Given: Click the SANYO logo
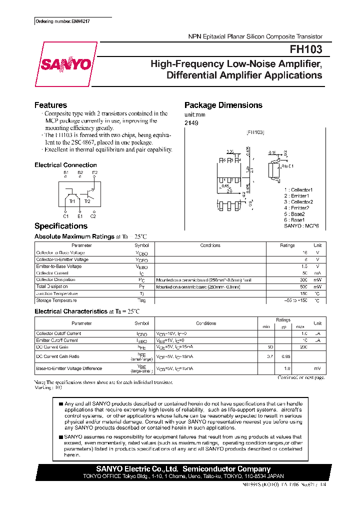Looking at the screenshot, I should pos(65,64).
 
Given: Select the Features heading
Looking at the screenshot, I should pos(50,105).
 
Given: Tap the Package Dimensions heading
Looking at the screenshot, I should pos(223,105).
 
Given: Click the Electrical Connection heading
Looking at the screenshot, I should pos(65,165).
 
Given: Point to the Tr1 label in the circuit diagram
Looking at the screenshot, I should pos(72,201).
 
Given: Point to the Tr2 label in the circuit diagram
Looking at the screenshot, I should pos(87,201).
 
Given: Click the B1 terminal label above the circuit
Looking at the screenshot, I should pos(65,172).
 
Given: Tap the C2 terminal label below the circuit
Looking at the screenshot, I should pos(93,216).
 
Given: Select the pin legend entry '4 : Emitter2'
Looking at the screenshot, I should pos(298,207).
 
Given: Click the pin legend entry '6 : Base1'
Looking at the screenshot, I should pos(294,219).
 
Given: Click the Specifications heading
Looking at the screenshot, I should pos(61,226).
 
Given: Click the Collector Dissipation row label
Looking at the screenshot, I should pos(56,280).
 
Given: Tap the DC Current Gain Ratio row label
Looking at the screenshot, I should pos(57,356).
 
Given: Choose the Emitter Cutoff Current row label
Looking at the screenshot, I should pos(57,340).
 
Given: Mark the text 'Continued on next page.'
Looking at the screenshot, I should pos(301,377).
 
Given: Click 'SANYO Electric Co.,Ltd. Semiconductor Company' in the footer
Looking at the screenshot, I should pos(183,469).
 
